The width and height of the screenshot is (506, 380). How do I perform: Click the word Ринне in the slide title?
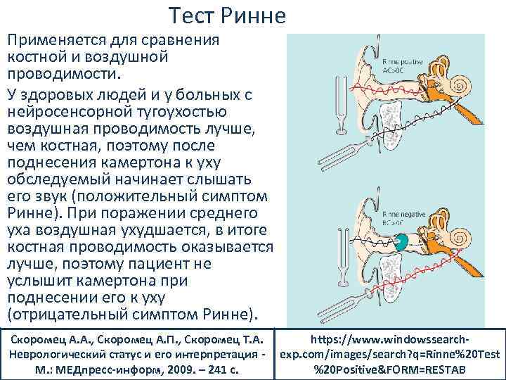click(243, 15)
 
